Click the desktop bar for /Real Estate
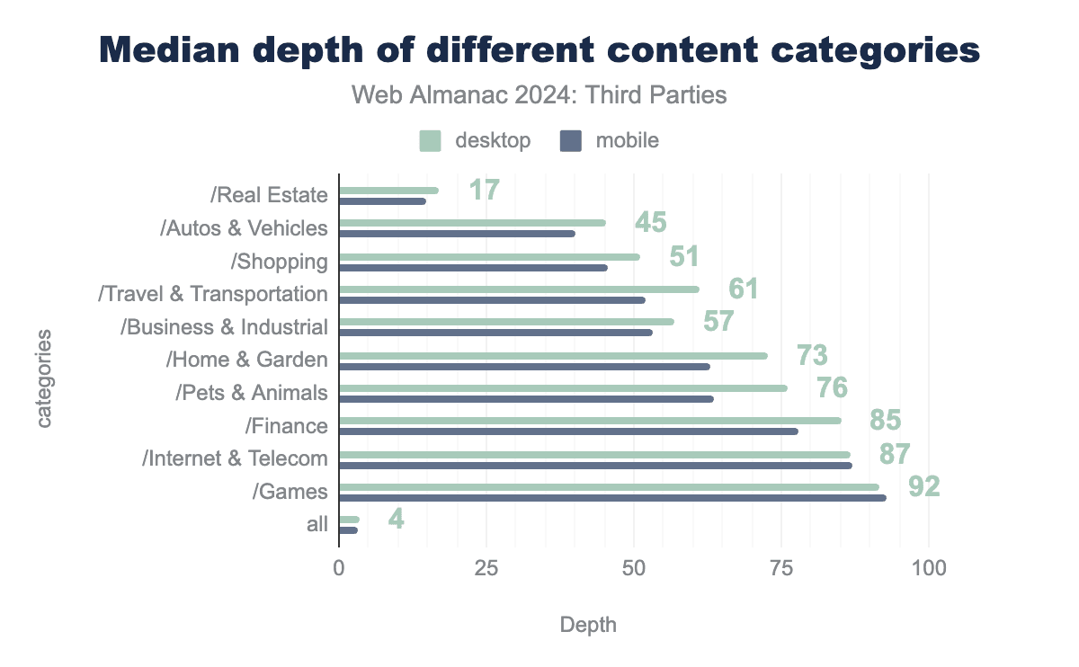tap(388, 191)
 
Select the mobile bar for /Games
tap(612, 498)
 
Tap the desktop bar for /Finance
tap(590, 421)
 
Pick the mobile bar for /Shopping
tap(473, 268)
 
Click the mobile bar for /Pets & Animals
tap(526, 398)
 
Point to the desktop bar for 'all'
tap(349, 520)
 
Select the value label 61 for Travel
tap(743, 289)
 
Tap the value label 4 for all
tap(395, 519)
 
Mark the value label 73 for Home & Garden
tap(812, 356)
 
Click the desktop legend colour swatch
tap(431, 141)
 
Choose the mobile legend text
tap(627, 141)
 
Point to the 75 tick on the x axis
tap(780, 568)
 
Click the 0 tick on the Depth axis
tap(339, 568)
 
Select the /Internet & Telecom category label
tap(235, 458)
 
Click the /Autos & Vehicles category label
tap(244, 228)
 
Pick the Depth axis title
tap(588, 625)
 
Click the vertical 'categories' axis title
tap(45, 378)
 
